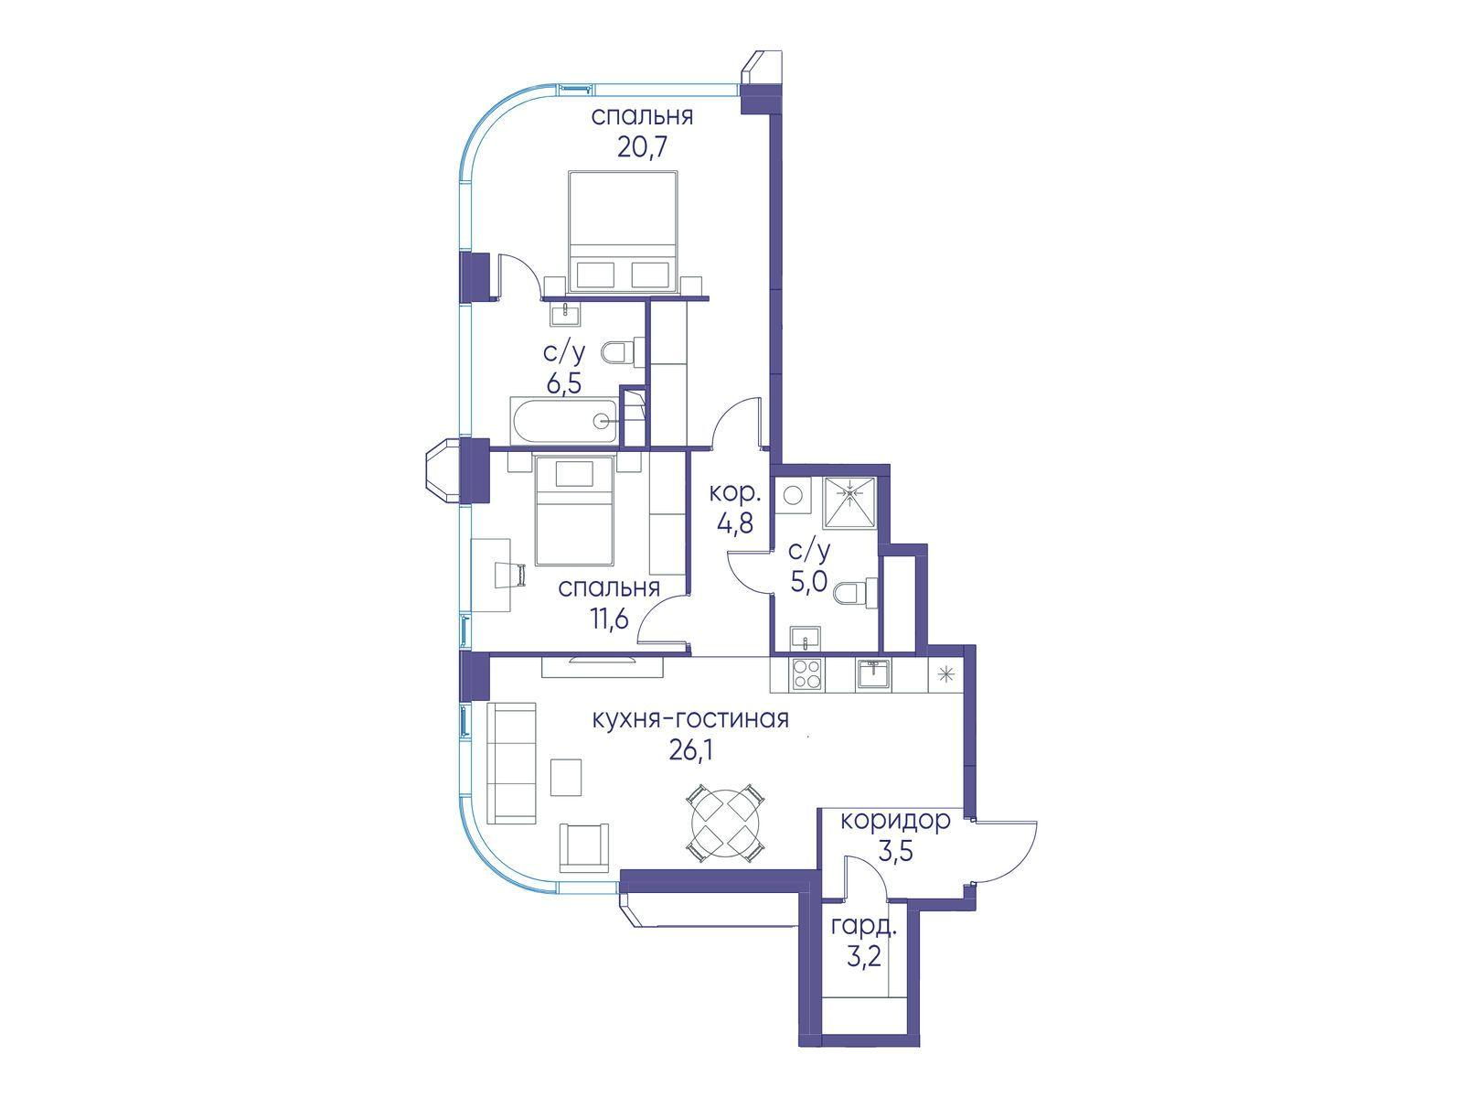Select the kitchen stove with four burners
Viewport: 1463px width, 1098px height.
[806, 674]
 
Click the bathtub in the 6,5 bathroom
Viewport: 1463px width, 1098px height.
[565, 420]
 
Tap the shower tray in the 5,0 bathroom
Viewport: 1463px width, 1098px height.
[849, 502]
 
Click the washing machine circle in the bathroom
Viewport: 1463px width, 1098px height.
[793, 495]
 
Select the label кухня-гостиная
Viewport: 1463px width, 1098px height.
[691, 719]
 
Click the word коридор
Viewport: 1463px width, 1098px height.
[894, 819]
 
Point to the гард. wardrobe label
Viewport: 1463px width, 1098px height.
[863, 927]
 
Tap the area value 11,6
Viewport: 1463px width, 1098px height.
[609, 619]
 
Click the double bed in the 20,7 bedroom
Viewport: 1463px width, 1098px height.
[623, 231]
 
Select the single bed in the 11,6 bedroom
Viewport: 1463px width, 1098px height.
[574, 510]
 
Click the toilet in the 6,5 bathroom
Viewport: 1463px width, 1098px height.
[623, 352]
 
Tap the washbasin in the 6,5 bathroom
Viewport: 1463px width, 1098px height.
[566, 313]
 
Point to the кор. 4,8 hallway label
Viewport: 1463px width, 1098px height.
[734, 508]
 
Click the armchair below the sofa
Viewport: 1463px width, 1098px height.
[584, 847]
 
